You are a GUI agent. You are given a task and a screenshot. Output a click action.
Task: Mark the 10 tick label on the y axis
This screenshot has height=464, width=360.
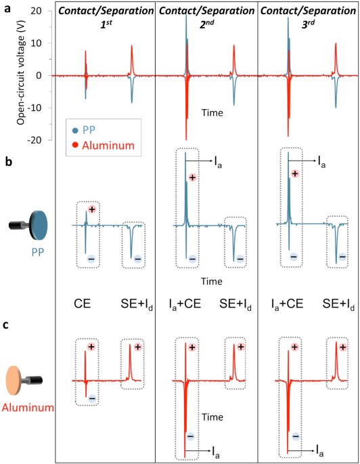point(37,43)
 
